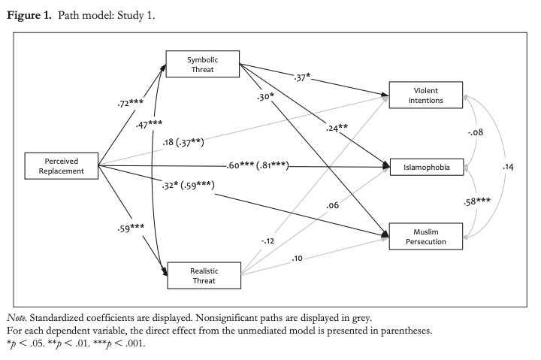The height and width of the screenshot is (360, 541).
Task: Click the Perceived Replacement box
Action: (62, 166)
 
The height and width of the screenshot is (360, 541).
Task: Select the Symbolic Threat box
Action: (202, 64)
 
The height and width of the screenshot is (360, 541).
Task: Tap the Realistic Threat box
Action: (202, 274)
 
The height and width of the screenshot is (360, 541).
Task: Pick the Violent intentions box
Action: (425, 94)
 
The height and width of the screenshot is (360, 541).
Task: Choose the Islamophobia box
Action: (425, 167)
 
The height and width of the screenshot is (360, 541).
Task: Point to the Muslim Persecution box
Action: (425, 236)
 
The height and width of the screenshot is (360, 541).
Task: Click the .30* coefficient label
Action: (265, 98)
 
